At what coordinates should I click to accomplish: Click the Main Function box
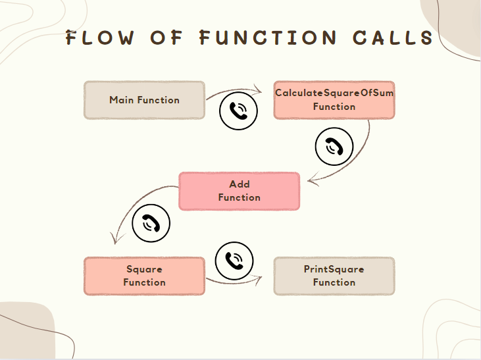tap(144, 100)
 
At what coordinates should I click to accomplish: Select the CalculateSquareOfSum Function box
tap(334, 100)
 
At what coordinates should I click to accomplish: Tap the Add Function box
tap(239, 191)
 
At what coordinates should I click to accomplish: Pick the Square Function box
tap(144, 276)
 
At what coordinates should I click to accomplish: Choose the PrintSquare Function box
tap(334, 276)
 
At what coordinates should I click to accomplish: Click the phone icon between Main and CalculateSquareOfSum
tap(238, 111)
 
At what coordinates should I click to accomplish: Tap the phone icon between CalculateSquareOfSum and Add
tap(334, 146)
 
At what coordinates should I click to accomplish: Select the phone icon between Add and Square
tap(151, 223)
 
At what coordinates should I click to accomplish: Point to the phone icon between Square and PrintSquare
tap(234, 261)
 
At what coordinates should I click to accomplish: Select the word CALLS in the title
tap(393, 38)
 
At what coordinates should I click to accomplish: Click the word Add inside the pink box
tap(239, 184)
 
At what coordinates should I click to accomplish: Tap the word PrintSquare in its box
tap(334, 269)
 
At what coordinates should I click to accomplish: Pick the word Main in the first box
tap(121, 100)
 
